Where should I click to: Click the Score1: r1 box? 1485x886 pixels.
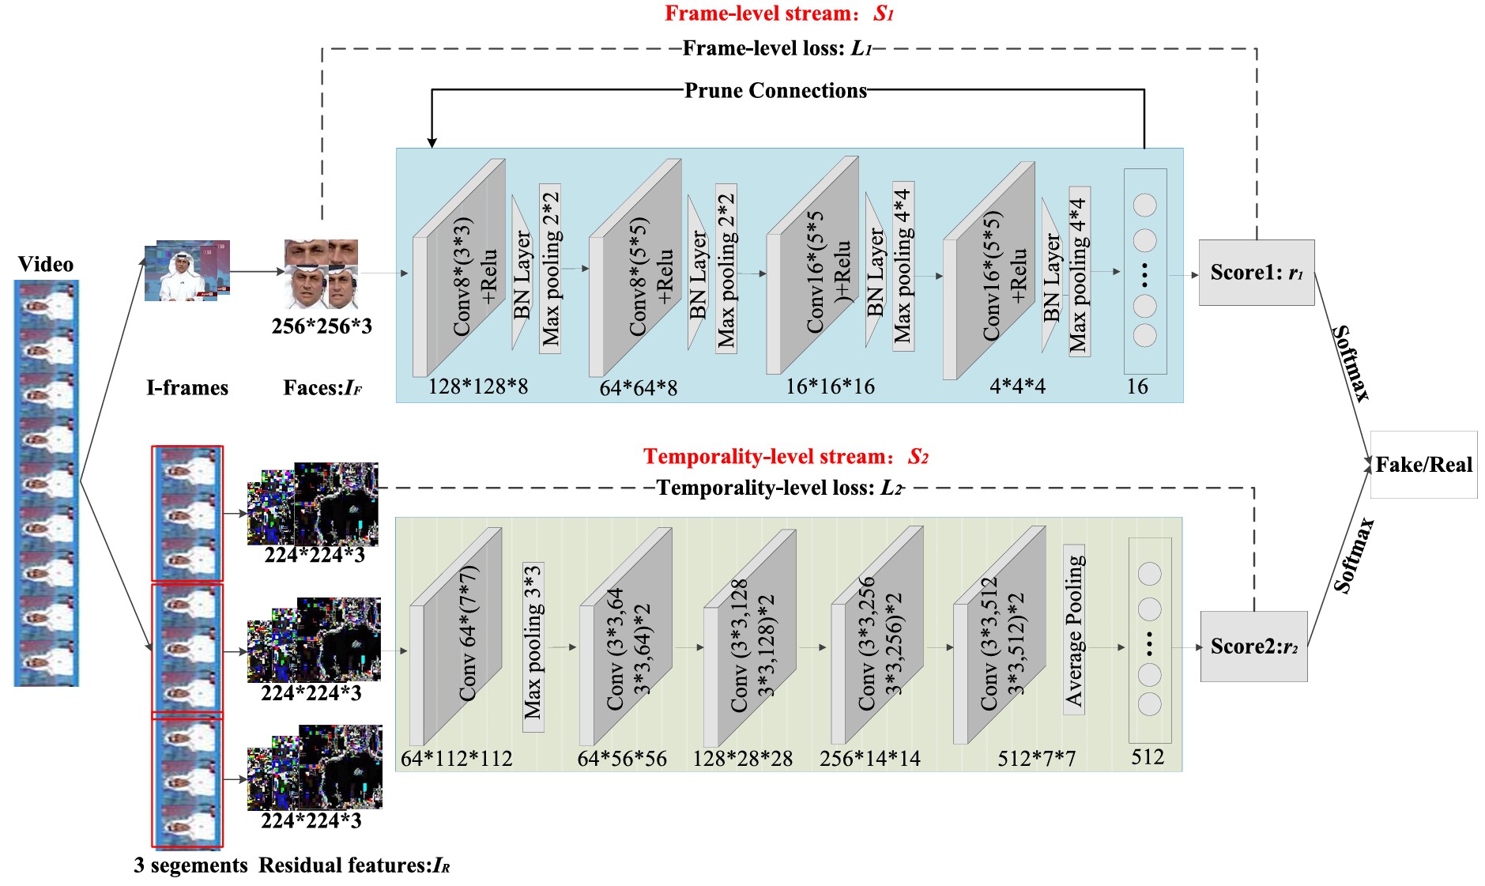[x=1256, y=273]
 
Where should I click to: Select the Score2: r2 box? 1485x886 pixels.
[x=1253, y=646]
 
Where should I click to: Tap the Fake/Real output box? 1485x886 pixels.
[x=1423, y=465]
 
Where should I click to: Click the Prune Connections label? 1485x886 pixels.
[x=775, y=91]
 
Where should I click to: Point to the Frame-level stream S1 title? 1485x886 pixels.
[x=778, y=13]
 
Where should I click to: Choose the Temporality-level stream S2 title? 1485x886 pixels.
[x=786, y=457]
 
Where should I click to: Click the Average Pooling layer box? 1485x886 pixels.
[x=1074, y=629]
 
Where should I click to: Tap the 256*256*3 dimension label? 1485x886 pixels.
[x=322, y=326]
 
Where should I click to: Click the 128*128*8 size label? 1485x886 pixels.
[x=478, y=386]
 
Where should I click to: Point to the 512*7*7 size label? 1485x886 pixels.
[x=1036, y=759]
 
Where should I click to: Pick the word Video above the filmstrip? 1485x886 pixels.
[x=46, y=265]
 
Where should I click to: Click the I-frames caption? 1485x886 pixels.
[x=187, y=388]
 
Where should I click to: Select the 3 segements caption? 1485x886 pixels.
[x=190, y=865]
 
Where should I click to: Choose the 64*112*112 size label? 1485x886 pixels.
[x=456, y=759]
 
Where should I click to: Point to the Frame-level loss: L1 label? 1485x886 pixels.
[x=777, y=49]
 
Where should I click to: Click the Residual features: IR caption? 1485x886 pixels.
[x=354, y=865]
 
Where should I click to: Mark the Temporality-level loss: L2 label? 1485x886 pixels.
[x=779, y=488]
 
